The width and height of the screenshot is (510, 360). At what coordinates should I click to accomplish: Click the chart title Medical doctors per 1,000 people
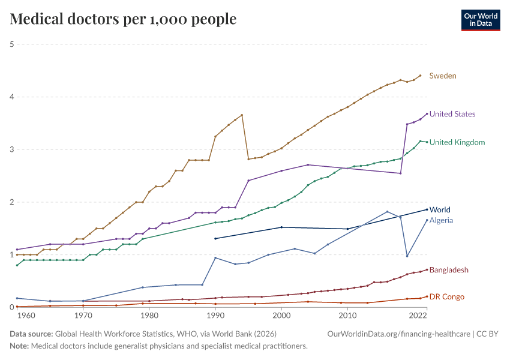(x=123, y=19)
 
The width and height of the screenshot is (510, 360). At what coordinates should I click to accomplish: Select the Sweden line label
(x=443, y=76)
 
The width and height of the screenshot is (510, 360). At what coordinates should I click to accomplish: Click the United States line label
(x=452, y=114)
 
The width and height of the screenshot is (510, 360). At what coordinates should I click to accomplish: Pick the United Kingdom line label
(x=457, y=142)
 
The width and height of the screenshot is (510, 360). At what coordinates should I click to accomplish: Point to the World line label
(x=440, y=210)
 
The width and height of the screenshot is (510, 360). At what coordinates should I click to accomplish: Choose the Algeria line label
(x=441, y=220)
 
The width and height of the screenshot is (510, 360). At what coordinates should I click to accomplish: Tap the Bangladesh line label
(x=449, y=270)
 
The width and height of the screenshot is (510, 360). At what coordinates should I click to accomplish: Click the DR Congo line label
(x=446, y=297)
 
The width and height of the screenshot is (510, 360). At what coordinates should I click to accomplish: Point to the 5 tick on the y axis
(x=11, y=44)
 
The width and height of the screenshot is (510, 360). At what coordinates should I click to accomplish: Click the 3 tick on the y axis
(x=11, y=149)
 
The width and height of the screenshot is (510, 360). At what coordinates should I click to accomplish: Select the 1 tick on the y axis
(x=11, y=255)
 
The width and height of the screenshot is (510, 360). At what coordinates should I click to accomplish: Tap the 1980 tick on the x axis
(x=149, y=315)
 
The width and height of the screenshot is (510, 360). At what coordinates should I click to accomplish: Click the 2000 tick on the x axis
(x=281, y=315)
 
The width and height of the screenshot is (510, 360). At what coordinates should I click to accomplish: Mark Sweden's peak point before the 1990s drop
(x=242, y=115)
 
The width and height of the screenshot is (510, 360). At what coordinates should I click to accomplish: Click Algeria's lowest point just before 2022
(x=407, y=256)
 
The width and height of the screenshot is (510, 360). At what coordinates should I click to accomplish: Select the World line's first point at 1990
(x=215, y=239)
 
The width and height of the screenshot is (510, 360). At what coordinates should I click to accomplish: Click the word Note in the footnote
(x=19, y=346)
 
